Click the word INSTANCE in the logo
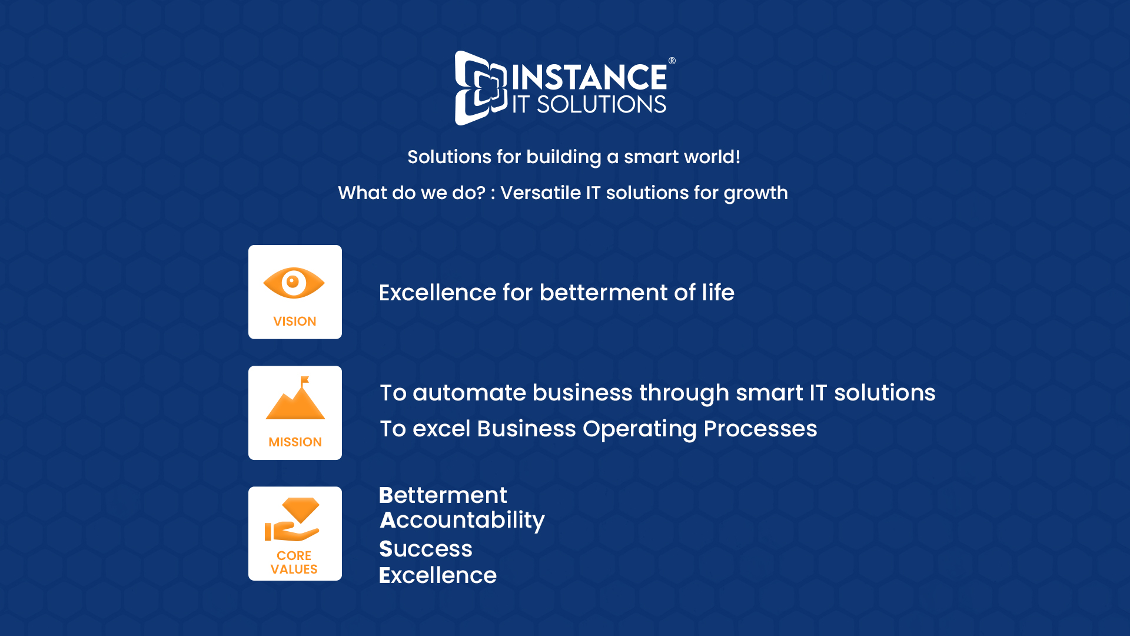[589, 77]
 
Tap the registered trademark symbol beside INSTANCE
[672, 61]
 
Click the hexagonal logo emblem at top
[480, 88]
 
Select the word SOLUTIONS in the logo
[601, 104]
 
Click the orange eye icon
[294, 283]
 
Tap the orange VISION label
[295, 322]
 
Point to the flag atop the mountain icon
[304, 381]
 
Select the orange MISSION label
[295, 442]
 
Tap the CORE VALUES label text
[294, 562]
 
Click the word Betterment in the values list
[443, 495]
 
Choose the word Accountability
[462, 521]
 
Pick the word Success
[426, 549]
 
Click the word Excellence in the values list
[438, 575]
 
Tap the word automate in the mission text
[469, 393]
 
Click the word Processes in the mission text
[760, 429]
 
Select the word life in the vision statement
[718, 293]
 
